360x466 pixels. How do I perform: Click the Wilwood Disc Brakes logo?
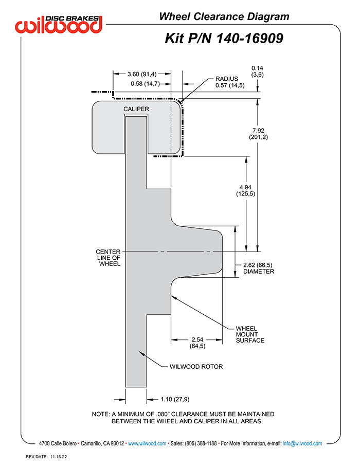(59, 24)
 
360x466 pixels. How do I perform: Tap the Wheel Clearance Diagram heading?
(224, 16)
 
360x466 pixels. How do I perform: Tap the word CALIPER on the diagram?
(136, 109)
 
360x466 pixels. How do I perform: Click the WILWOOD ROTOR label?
(196, 367)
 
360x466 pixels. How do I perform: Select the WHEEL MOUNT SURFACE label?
(250, 334)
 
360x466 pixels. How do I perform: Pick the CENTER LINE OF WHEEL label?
(108, 258)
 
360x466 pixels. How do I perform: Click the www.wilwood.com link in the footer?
(147, 443)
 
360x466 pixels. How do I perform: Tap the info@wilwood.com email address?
(302, 443)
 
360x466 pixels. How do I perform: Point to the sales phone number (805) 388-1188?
(201, 443)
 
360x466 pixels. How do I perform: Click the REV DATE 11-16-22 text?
(46, 457)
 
